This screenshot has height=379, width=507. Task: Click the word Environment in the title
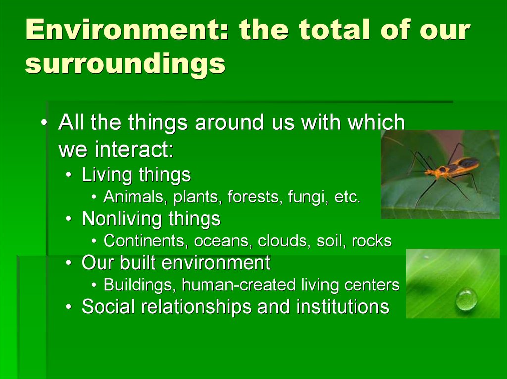[127, 29]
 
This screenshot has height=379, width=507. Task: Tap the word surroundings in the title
[125, 64]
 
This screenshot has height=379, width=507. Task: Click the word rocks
[371, 241]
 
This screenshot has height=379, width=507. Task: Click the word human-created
[239, 285]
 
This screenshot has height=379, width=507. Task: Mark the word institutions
[343, 306]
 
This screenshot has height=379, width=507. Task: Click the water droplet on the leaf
[466, 299]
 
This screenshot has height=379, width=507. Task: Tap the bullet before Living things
[68, 175]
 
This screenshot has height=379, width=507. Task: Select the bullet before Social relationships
[68, 307]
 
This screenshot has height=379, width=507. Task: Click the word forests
[253, 197]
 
